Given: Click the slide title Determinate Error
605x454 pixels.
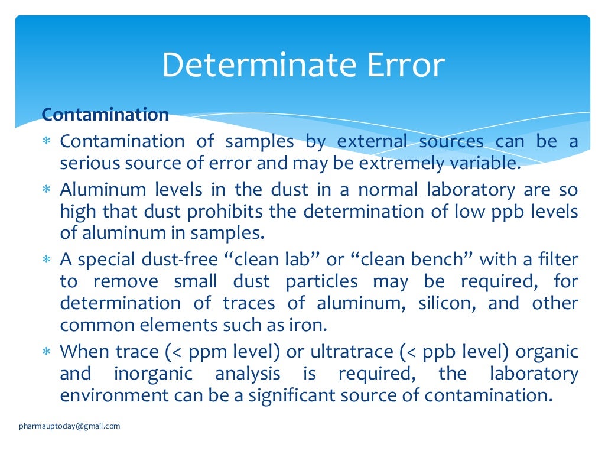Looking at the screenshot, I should click(x=302, y=65).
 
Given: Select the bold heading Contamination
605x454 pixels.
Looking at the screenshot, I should click(x=105, y=114).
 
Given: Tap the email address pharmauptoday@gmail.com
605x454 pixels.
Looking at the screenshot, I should click(x=69, y=426).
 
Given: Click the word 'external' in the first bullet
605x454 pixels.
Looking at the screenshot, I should click(x=372, y=141).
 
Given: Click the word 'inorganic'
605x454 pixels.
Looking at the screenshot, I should click(x=153, y=374).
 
